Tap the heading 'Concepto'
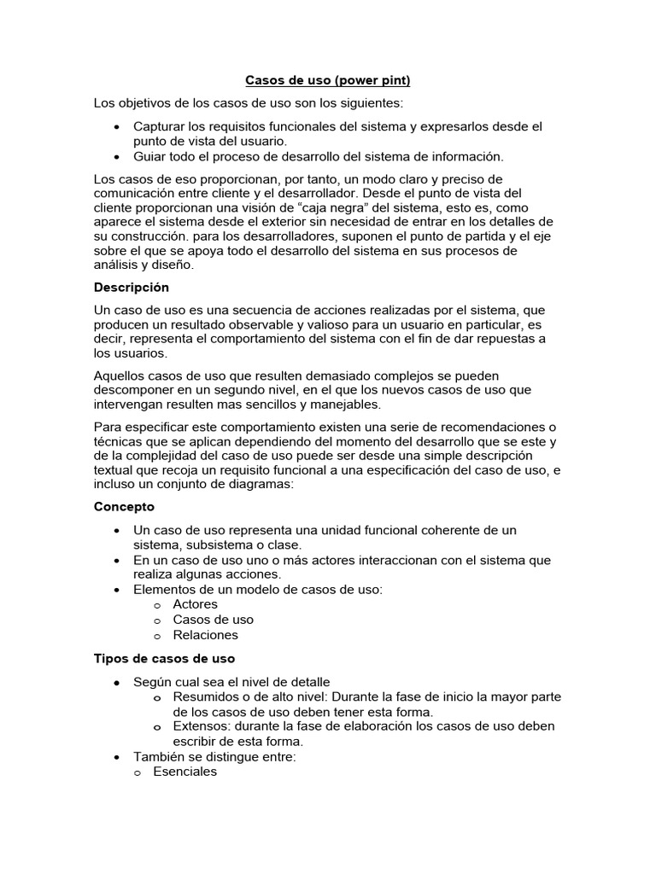click(124, 506)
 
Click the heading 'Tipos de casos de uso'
click(164, 659)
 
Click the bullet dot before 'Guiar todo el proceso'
click(116, 157)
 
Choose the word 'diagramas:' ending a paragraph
click(261, 484)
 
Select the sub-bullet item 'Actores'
click(195, 604)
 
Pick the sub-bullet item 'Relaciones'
click(205, 635)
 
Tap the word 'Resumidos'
click(203, 696)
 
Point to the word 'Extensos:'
click(200, 726)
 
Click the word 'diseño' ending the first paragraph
click(174, 265)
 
